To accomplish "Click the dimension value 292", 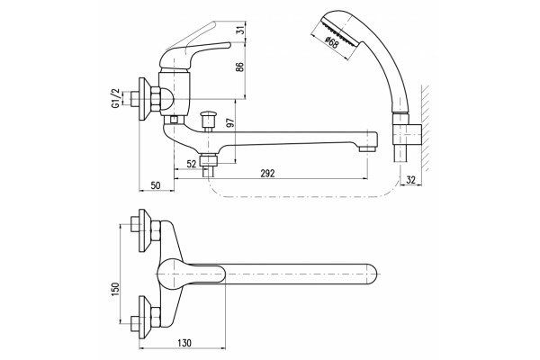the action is [267, 174].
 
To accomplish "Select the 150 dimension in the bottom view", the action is [115, 290].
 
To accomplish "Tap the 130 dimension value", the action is [184, 343].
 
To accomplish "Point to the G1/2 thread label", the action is [116, 98].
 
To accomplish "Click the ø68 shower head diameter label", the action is [331, 42].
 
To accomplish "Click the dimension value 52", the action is [192, 164].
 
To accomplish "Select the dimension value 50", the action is [156, 185].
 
